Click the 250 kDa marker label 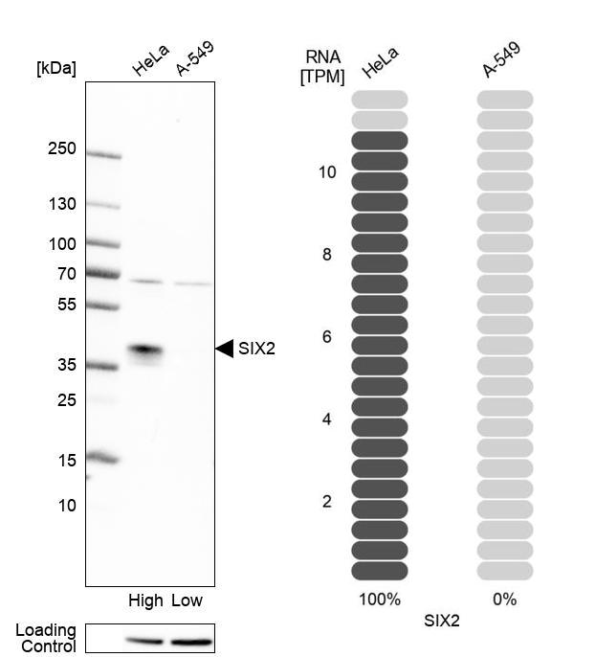[x=61, y=149]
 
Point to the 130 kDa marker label [x=61, y=204]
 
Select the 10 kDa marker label [x=65, y=505]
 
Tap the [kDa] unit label [x=55, y=68]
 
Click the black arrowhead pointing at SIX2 [x=225, y=349]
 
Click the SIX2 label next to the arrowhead [x=256, y=349]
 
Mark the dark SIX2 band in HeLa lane [x=145, y=351]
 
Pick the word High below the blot [x=145, y=600]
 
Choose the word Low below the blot [x=187, y=600]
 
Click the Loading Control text [x=45, y=638]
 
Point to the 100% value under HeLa [x=380, y=600]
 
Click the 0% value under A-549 [x=504, y=600]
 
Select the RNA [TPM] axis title [x=322, y=68]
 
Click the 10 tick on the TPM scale [x=327, y=172]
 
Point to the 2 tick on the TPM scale [x=327, y=502]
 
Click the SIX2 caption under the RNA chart [x=442, y=621]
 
